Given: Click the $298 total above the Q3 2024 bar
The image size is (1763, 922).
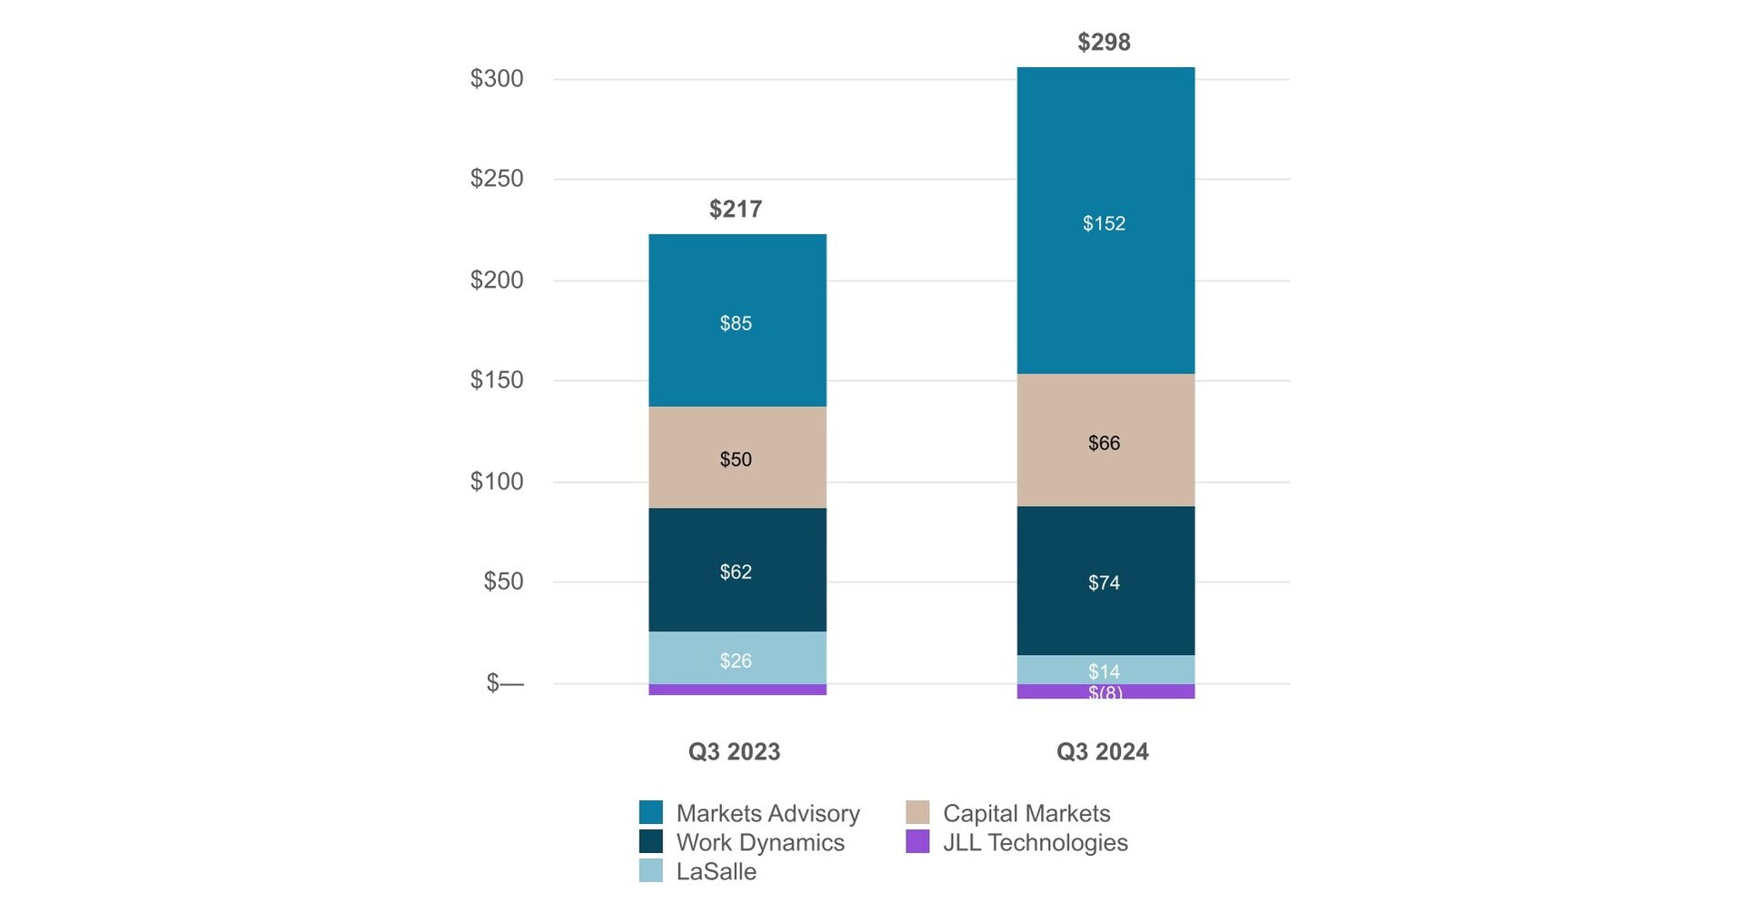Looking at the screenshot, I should (x=1104, y=42).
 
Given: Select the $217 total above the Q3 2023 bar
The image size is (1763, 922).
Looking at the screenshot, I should (x=735, y=209).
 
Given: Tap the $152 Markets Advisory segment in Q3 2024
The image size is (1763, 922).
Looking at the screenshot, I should (x=1104, y=223).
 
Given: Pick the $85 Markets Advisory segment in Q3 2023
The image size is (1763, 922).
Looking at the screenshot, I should (x=736, y=322).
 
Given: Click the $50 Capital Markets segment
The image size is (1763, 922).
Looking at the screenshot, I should (x=736, y=459).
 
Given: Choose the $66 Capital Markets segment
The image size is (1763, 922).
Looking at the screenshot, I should (x=1104, y=442).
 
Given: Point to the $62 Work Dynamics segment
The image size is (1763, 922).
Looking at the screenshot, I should (x=736, y=571).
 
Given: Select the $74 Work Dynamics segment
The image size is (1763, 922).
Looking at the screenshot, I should (x=1104, y=582).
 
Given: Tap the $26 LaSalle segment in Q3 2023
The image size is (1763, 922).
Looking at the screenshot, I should (x=736, y=660).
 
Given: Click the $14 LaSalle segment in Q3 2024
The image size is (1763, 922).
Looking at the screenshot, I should (x=1104, y=670).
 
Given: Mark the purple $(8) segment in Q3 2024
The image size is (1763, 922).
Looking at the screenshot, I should (x=1104, y=692).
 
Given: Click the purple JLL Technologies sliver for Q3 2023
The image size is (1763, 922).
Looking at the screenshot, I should (x=737, y=689).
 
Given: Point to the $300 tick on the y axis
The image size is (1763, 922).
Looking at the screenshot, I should (x=496, y=79).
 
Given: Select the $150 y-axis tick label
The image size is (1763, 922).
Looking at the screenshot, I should (x=496, y=380).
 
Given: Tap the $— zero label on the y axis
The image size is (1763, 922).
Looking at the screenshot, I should (x=504, y=683).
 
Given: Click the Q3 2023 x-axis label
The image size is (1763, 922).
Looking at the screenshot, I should (x=734, y=752).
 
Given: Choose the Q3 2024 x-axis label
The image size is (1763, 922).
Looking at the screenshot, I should (x=1102, y=752).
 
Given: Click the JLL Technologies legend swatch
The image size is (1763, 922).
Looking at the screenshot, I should (x=917, y=842).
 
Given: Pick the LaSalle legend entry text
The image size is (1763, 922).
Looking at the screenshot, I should (x=716, y=872).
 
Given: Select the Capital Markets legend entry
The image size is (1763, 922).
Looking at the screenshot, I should (x=1025, y=813).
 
